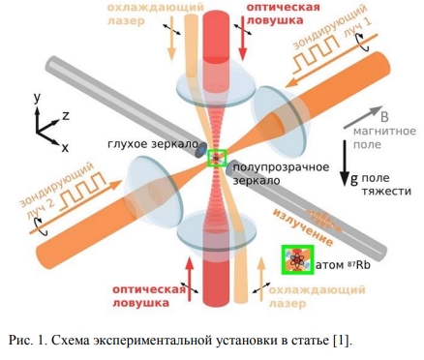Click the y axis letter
pyautogui.click(x=36, y=98)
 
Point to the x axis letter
pyautogui.click(x=65, y=148)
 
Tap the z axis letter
pyautogui.click(x=65, y=114)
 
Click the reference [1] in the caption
pyautogui.click(x=338, y=340)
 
